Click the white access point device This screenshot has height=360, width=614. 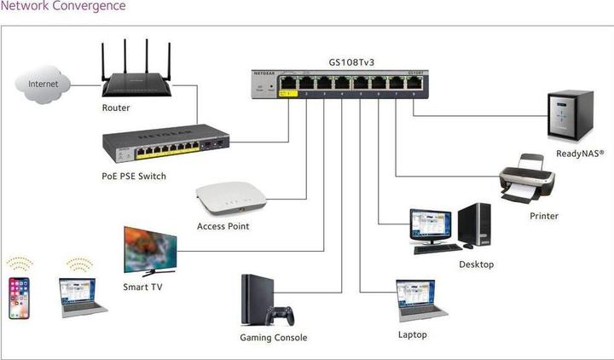(x=225, y=201)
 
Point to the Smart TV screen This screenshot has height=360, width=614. (x=150, y=248)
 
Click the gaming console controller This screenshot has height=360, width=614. (x=279, y=316)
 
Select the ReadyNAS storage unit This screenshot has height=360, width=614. (x=566, y=119)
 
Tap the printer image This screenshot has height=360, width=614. (x=526, y=178)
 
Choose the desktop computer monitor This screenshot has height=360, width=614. (x=432, y=227)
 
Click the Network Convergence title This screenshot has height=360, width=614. (x=63, y=7)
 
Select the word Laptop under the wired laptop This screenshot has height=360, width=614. (x=414, y=334)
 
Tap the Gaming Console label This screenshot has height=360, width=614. (x=273, y=338)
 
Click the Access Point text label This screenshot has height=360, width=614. (x=223, y=226)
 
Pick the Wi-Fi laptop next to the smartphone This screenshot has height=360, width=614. (x=82, y=294)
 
